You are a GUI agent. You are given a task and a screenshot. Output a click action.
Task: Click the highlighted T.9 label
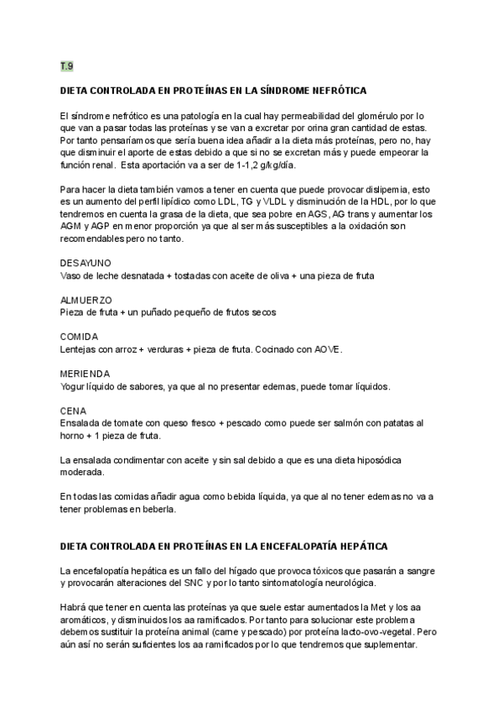pyautogui.click(x=66, y=66)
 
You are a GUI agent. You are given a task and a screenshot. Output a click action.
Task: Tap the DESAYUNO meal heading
pyautogui.click(x=86, y=263)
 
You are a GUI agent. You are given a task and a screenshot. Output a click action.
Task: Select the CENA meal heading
pyautogui.click(x=74, y=411)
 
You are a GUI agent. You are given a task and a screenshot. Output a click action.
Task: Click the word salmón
pyautogui.click(x=334, y=423)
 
